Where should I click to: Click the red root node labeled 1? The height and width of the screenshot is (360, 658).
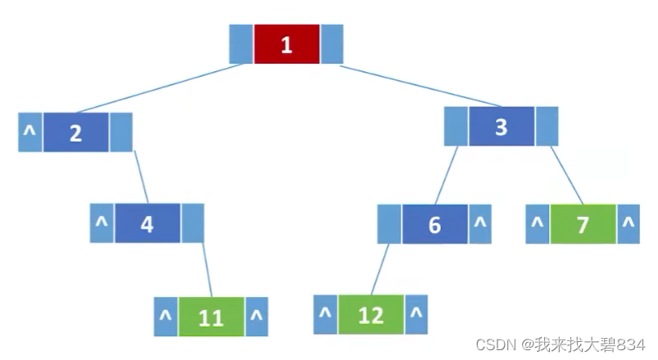pyautogui.click(x=286, y=44)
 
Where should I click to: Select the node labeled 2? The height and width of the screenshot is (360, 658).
pyautogui.click(x=75, y=133)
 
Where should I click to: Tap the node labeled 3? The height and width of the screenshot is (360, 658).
pyautogui.click(x=501, y=127)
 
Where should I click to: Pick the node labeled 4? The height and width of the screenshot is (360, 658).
pyautogui.click(x=147, y=223)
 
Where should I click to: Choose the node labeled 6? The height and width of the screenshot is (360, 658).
pyautogui.click(x=435, y=224)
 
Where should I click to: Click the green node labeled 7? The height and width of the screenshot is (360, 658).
pyautogui.click(x=582, y=224)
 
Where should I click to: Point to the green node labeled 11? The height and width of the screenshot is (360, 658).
pyautogui.click(x=211, y=317)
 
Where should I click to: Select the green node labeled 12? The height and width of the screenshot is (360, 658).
pyautogui.click(x=371, y=314)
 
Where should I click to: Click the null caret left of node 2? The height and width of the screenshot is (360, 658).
pyautogui.click(x=29, y=133)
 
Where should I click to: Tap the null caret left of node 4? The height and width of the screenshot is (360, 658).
pyautogui.click(x=101, y=223)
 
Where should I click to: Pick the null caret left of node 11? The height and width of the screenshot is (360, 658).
pyautogui.click(x=165, y=317)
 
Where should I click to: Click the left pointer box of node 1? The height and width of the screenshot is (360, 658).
pyautogui.click(x=241, y=44)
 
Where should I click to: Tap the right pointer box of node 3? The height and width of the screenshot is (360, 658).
pyautogui.click(x=547, y=127)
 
